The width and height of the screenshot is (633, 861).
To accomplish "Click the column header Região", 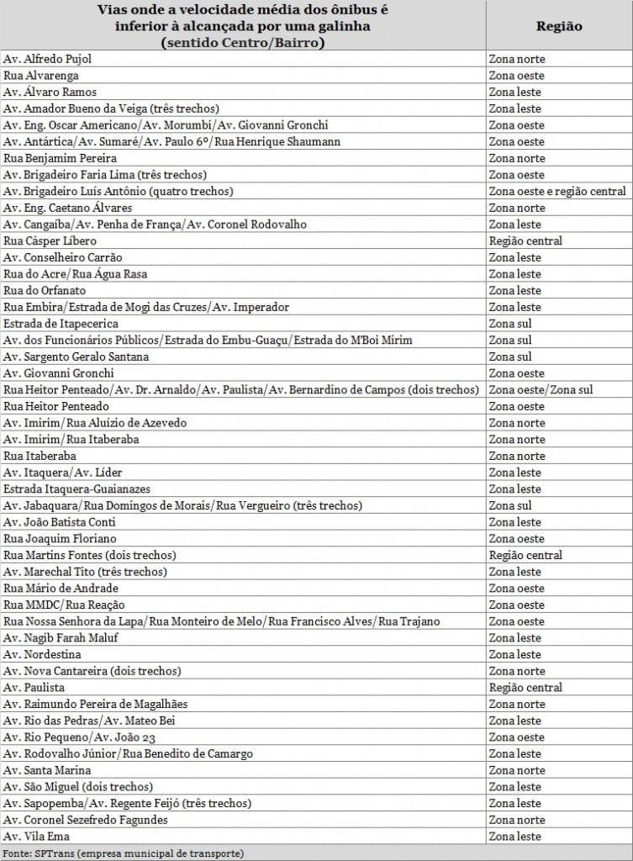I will (x=558, y=26).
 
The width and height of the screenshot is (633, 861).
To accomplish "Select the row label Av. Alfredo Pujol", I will (x=48, y=60).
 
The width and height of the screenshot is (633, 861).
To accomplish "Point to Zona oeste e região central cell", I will (x=557, y=192).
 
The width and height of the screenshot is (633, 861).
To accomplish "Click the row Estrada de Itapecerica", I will (x=61, y=324).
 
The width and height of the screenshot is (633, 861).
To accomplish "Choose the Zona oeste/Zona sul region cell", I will (x=541, y=389).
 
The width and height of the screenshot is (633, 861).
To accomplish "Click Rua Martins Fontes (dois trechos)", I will (x=90, y=555).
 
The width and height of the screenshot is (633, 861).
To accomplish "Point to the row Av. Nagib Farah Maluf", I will (x=61, y=637).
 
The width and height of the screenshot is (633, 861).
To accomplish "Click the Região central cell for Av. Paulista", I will (x=525, y=687).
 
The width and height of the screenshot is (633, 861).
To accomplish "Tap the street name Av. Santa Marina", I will (x=47, y=770).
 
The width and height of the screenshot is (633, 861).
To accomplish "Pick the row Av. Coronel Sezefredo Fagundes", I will (x=86, y=820).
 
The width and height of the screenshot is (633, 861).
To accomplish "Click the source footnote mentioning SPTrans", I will (x=124, y=853).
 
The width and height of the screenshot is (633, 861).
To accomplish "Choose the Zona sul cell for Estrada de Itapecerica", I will (x=510, y=324).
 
